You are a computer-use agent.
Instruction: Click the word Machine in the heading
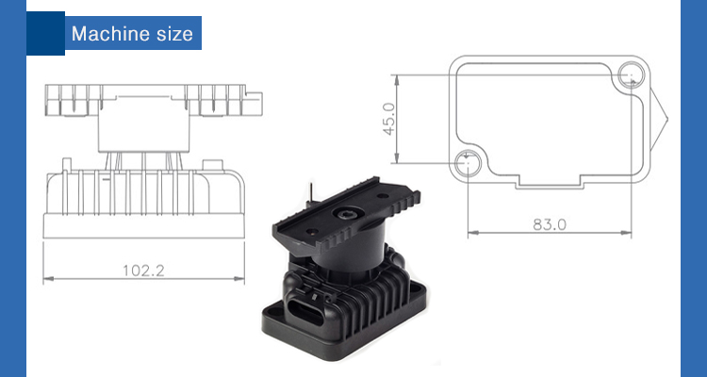(109, 34)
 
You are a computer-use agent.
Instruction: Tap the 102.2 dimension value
(144, 270)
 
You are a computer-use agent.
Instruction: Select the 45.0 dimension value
(389, 119)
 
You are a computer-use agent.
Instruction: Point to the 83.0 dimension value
(550, 224)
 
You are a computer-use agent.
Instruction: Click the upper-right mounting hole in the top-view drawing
(631, 74)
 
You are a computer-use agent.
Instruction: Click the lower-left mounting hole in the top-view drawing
(468, 163)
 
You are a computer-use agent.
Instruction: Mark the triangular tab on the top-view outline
(659, 119)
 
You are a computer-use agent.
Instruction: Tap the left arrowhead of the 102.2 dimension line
(49, 279)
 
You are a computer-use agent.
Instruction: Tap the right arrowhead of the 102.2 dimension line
(239, 279)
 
